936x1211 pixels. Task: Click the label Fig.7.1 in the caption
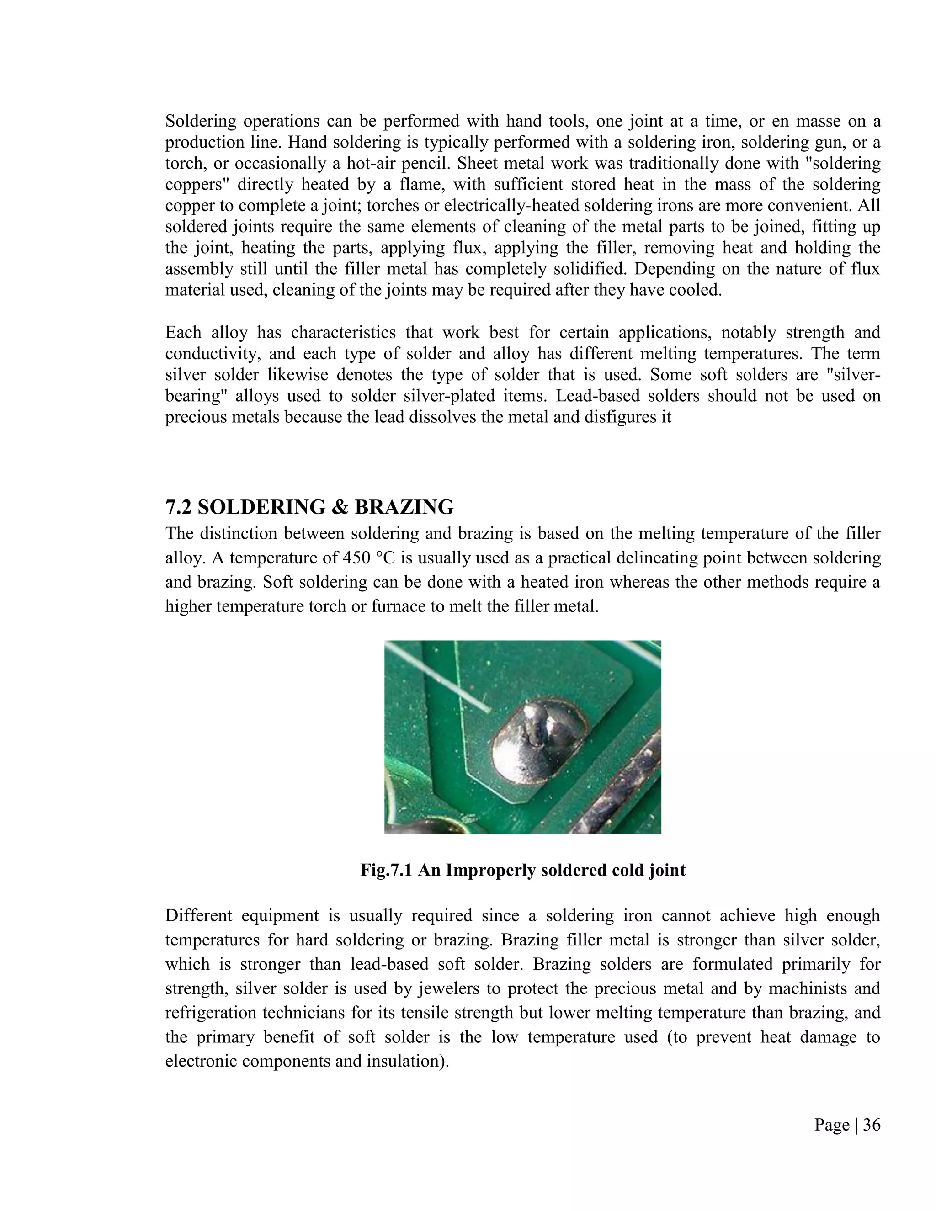pos(387,870)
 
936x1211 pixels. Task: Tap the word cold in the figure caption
pos(629,870)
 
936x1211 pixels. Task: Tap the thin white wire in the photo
pos(438,675)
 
